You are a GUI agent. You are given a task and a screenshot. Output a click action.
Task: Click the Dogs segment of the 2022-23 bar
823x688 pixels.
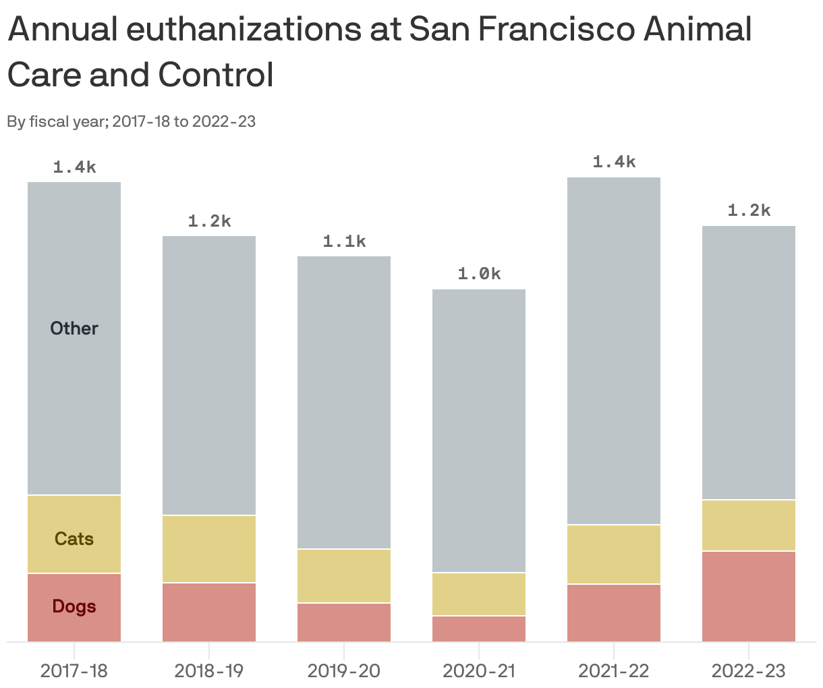(x=749, y=596)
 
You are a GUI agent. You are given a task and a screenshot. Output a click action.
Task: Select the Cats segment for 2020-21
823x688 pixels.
(x=479, y=594)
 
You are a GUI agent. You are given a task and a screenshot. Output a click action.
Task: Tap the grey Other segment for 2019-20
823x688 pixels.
(x=344, y=403)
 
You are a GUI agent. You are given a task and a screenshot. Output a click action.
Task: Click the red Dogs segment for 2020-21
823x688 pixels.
(x=479, y=629)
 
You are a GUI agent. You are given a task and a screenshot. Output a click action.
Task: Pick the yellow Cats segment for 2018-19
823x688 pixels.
(x=209, y=549)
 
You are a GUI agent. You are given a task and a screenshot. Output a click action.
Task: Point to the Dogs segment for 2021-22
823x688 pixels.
(x=614, y=612)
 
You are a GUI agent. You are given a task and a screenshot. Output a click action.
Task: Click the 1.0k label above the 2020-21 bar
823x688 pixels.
(x=479, y=274)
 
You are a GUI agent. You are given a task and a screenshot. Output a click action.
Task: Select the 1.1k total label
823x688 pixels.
(x=344, y=241)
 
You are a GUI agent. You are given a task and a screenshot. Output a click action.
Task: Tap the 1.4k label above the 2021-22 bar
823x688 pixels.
(x=614, y=162)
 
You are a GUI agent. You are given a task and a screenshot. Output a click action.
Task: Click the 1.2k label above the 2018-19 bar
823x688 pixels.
(x=209, y=221)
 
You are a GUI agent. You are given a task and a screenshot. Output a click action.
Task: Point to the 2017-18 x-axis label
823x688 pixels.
(x=74, y=671)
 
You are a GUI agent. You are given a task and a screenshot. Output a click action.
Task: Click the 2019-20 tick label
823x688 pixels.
(x=344, y=671)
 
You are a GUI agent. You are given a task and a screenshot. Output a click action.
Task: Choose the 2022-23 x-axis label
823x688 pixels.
(x=749, y=671)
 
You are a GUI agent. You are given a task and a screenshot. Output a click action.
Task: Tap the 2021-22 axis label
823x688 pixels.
(x=614, y=671)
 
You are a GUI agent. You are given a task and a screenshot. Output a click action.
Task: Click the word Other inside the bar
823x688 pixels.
(x=74, y=328)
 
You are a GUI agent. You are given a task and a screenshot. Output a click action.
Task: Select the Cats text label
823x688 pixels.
(x=74, y=539)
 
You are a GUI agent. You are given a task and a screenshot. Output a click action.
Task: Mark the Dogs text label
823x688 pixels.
(x=74, y=606)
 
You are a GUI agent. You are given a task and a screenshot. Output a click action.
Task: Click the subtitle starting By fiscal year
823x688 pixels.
(x=132, y=122)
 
